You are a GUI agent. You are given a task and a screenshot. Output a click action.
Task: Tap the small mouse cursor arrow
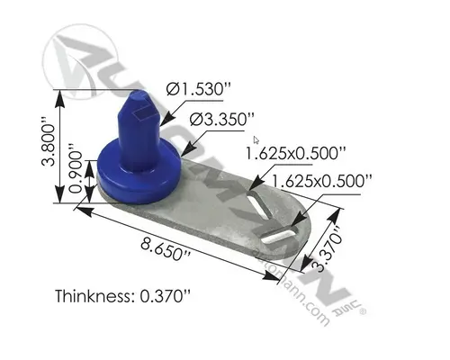point(255,139)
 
